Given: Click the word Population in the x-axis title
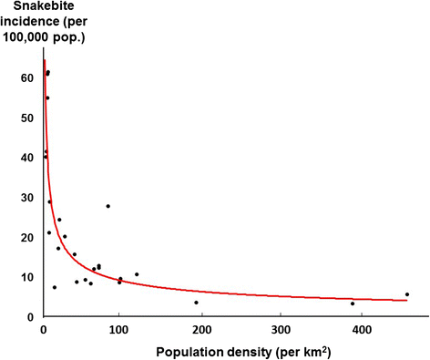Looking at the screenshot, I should pyautogui.click(x=161, y=351).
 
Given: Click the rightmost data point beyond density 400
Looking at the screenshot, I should pyautogui.click(x=407, y=294).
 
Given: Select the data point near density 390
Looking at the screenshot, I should pyautogui.click(x=353, y=303).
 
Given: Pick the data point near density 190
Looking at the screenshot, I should pyautogui.click(x=196, y=303).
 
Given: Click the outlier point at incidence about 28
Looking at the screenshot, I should pyautogui.click(x=108, y=206).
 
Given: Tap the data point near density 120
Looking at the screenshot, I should pyautogui.click(x=137, y=274).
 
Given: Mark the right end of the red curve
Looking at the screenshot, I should pyautogui.click(x=406, y=300).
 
